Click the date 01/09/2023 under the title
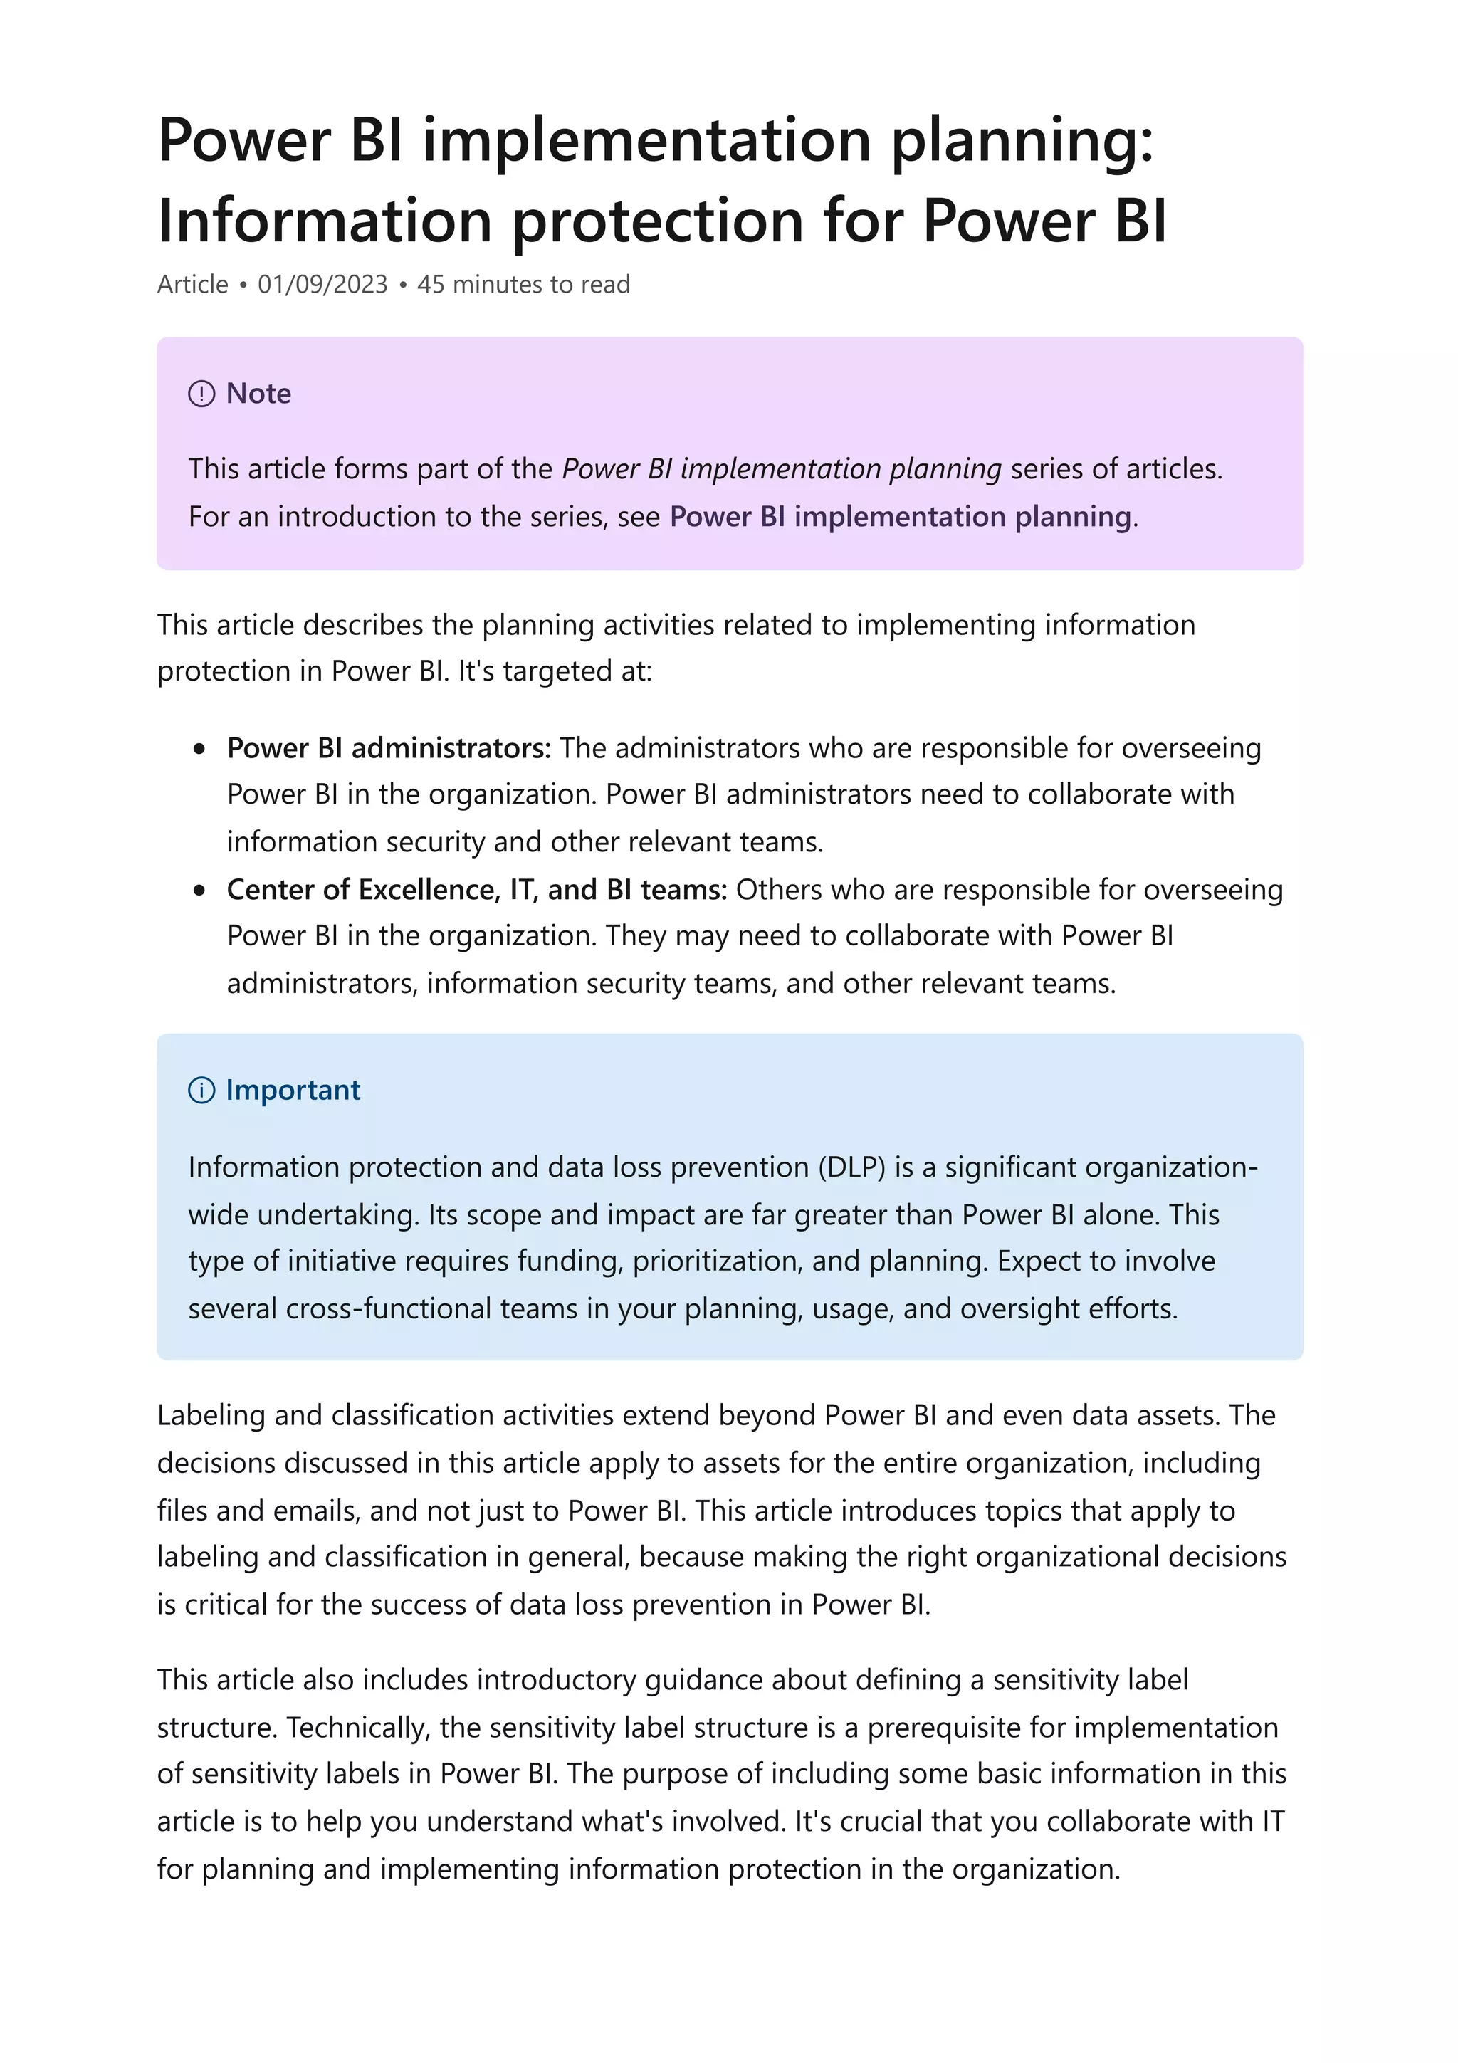tap(322, 284)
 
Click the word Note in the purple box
tap(258, 394)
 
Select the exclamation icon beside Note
tap(201, 394)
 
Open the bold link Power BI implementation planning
tap(899, 517)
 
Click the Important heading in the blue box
tap(293, 1090)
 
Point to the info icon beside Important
tap(201, 1091)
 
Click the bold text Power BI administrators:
tap(388, 747)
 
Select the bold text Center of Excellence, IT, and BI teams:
tap(476, 890)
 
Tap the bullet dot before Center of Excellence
tap(199, 891)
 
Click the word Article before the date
tap(192, 284)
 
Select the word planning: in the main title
tap(1022, 142)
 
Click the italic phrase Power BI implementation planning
tap(781, 469)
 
